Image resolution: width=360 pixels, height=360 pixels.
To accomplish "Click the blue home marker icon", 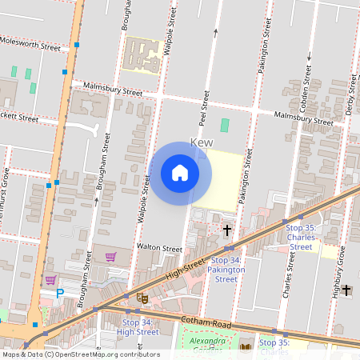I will click(x=180, y=172).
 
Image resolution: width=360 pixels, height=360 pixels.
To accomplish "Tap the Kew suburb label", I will click(x=203, y=143).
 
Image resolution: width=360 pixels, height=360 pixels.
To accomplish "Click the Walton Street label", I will click(x=160, y=249).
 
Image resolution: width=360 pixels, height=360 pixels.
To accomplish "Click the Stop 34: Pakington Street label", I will click(x=226, y=270).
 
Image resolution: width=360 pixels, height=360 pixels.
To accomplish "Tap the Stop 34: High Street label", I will click(x=138, y=326).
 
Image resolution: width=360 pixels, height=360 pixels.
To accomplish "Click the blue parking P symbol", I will click(x=59, y=294).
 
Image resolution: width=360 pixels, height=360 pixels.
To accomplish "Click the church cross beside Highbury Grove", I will click(x=346, y=290).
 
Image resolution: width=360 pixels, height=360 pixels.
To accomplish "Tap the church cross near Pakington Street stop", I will click(x=227, y=230).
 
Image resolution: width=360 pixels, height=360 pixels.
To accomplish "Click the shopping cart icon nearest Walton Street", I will click(x=110, y=257).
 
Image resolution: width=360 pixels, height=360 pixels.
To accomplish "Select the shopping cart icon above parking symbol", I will click(x=51, y=280).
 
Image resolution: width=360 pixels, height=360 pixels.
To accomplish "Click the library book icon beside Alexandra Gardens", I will click(x=246, y=346).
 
